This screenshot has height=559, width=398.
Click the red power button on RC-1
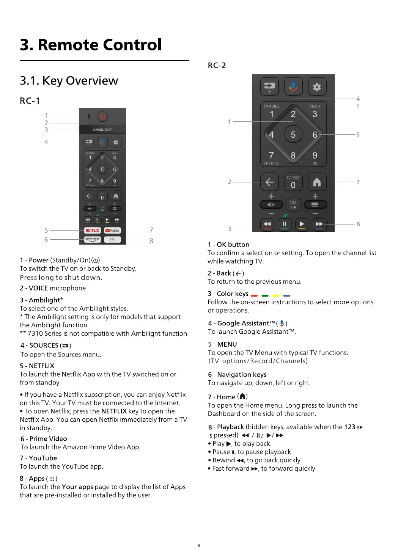click(x=102, y=117)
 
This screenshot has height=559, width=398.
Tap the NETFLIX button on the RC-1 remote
click(x=92, y=230)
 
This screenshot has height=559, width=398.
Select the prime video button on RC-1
click(x=92, y=239)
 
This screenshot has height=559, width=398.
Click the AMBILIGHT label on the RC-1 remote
click(x=102, y=130)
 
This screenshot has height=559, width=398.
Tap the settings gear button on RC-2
click(x=317, y=87)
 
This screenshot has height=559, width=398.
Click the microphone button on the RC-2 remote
click(x=293, y=87)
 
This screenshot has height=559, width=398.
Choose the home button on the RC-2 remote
click(x=317, y=182)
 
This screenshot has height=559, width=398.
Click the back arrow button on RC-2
click(x=269, y=182)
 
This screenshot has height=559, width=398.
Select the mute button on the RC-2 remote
click(x=271, y=205)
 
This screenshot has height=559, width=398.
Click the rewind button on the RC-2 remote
click(x=267, y=224)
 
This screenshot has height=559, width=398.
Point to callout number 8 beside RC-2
click(x=358, y=224)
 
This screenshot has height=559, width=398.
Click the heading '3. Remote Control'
click(x=91, y=45)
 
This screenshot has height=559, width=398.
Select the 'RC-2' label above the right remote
click(x=217, y=65)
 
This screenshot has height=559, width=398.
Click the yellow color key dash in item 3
click(x=276, y=295)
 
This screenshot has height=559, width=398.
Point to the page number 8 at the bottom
click(x=199, y=546)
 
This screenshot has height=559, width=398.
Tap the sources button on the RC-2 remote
click(x=269, y=87)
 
